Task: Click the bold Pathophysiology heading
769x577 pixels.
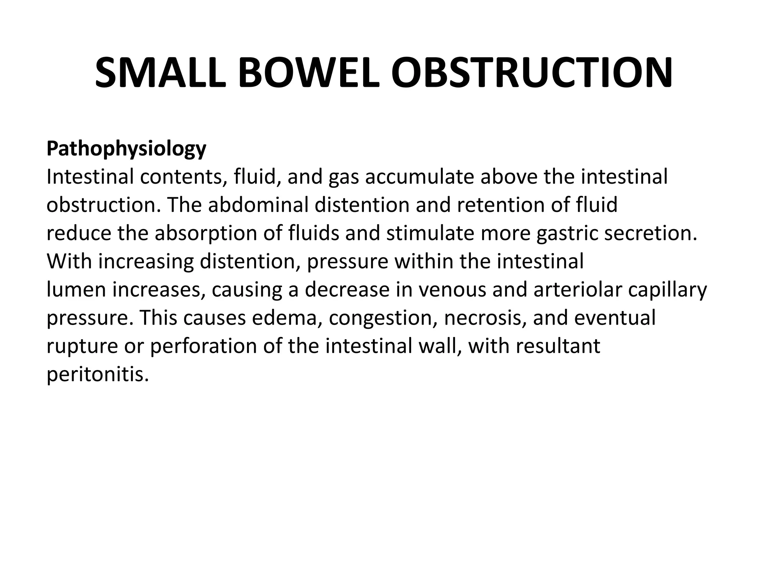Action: click(126, 149)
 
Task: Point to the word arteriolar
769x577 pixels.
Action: click(575, 289)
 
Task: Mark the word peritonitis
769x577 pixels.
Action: click(98, 375)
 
